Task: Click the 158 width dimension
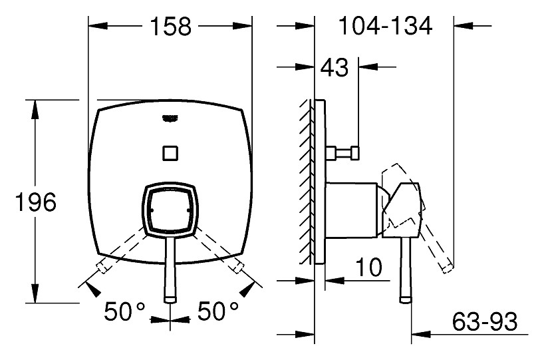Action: (170, 27)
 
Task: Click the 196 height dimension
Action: (36, 202)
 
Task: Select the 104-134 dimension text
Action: (386, 26)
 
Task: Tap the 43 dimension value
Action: (335, 67)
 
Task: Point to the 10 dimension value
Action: (369, 268)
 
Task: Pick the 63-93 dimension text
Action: (485, 321)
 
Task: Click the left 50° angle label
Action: (124, 311)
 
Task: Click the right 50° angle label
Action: (218, 311)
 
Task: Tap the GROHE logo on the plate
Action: (170, 118)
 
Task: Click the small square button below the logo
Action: (170, 153)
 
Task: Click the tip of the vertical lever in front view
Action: (170, 299)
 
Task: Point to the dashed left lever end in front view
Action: (102, 267)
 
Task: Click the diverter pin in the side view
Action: (342, 153)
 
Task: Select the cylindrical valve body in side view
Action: (351, 210)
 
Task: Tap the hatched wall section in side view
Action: (307, 182)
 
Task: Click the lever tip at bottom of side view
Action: (405, 299)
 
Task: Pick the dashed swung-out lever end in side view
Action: (446, 268)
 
